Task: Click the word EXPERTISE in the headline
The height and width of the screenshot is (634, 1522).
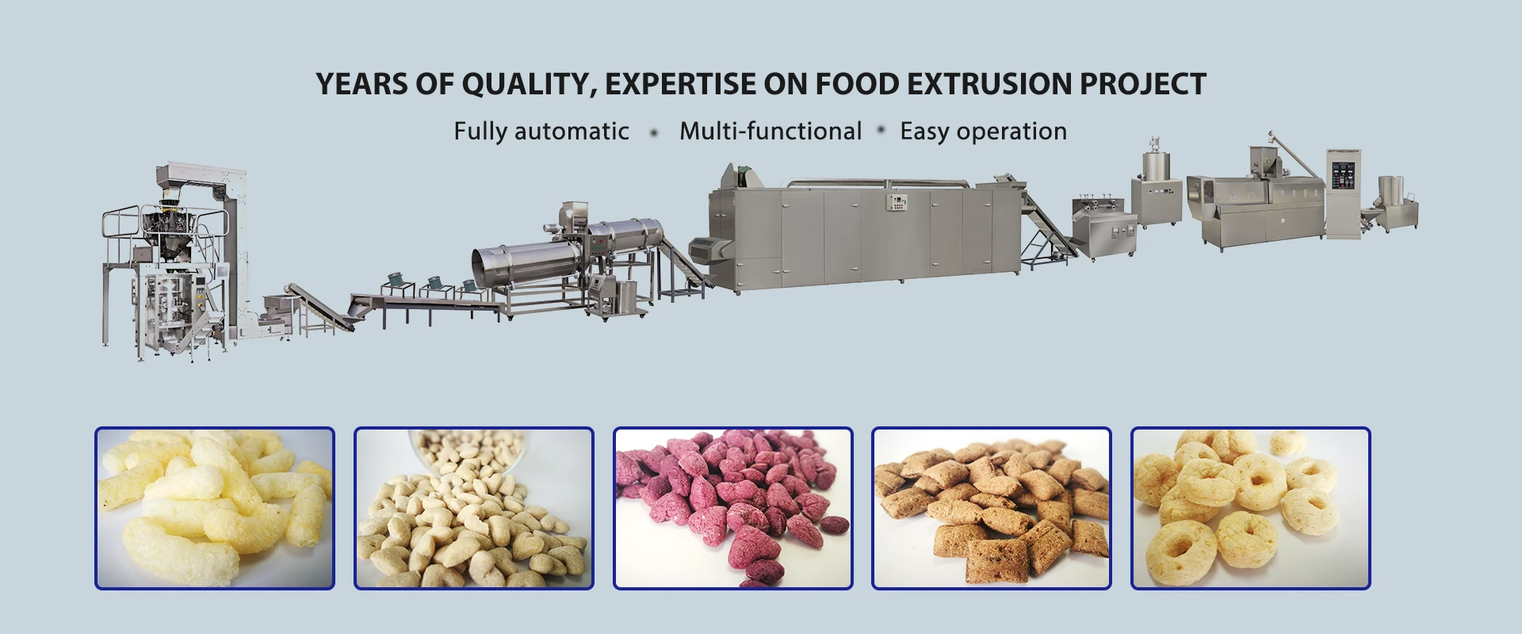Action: pos(680,84)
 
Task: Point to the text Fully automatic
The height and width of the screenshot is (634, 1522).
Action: pos(541,131)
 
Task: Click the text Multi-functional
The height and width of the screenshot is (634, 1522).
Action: pos(770,131)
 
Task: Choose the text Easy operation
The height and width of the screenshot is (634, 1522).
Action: pos(983,131)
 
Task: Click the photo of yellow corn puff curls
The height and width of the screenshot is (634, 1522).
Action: pos(215,508)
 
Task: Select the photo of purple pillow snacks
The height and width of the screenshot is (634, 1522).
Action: pos(732,508)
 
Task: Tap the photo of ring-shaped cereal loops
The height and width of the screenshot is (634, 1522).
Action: pos(1250,508)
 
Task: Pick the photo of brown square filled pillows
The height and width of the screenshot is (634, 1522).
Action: pos(991,508)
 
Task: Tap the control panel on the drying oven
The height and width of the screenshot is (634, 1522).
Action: pos(897,201)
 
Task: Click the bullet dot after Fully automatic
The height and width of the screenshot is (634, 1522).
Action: pos(654,132)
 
